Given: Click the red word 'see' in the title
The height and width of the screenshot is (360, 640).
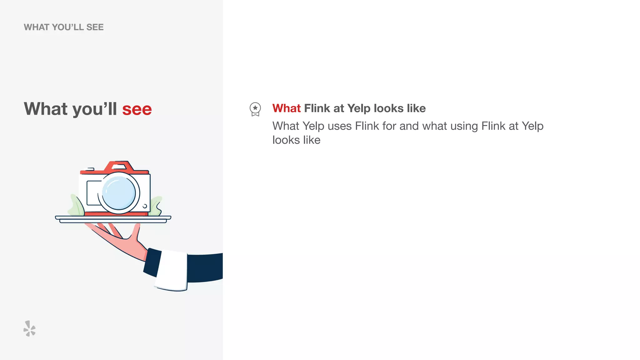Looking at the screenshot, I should [137, 109].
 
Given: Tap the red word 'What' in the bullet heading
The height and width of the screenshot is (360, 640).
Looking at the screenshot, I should [286, 108].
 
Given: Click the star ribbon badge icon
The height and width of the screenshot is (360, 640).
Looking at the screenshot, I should [255, 109].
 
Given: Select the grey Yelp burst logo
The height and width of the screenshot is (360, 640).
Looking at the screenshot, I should [29, 328].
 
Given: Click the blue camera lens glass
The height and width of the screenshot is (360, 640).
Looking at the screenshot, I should [119, 193].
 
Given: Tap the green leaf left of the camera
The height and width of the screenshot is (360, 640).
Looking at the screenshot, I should [76, 206].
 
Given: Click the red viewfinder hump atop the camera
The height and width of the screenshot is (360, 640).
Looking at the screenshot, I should [119, 166].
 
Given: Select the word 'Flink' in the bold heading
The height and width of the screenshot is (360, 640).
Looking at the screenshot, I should [317, 108].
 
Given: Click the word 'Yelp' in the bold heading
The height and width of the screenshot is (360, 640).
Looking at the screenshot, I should [359, 108].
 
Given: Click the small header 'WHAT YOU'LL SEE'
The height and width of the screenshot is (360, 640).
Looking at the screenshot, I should [64, 27].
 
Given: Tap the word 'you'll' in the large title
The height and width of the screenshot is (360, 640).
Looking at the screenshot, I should [95, 109].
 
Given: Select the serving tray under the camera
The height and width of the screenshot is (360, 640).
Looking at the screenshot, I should [113, 219].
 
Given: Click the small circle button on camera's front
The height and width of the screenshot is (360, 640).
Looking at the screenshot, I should [145, 206].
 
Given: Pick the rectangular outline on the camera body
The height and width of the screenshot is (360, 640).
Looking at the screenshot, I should [92, 193].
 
